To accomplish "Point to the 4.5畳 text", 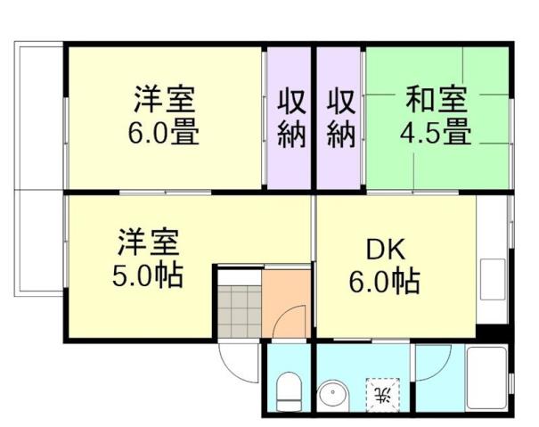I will click(434, 134).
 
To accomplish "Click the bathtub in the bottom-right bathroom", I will click(487, 379).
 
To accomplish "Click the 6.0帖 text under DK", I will click(384, 283).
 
